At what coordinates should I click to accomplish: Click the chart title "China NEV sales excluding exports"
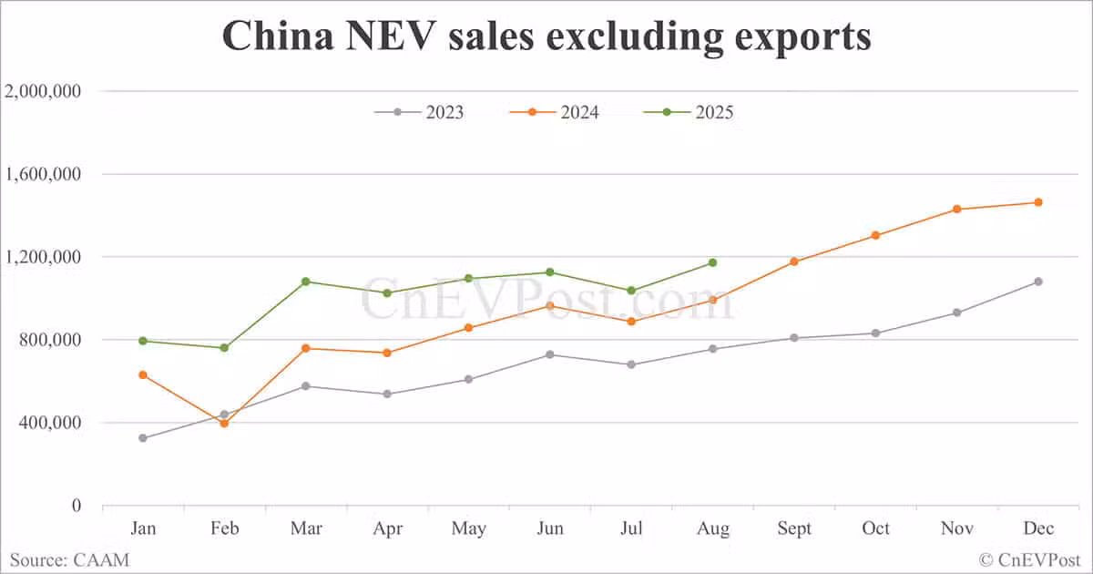click(546, 36)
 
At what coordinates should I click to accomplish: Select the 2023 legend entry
click(420, 112)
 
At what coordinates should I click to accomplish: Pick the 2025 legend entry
click(689, 112)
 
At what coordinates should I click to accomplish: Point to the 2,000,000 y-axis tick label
click(44, 91)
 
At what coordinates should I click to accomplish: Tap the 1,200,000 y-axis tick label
click(44, 257)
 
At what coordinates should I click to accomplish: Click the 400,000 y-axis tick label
click(50, 423)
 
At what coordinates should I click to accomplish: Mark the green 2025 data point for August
click(712, 262)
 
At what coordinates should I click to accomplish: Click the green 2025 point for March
click(306, 282)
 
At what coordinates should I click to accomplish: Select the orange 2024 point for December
click(1037, 202)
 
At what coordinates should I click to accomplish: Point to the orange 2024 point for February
click(224, 424)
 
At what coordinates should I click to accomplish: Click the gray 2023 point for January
click(143, 438)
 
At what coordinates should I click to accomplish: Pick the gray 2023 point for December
click(1037, 282)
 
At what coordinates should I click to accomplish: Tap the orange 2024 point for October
click(875, 235)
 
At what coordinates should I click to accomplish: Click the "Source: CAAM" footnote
click(69, 559)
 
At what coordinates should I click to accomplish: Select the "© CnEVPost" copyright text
click(1029, 559)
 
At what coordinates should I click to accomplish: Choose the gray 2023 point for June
click(550, 354)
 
